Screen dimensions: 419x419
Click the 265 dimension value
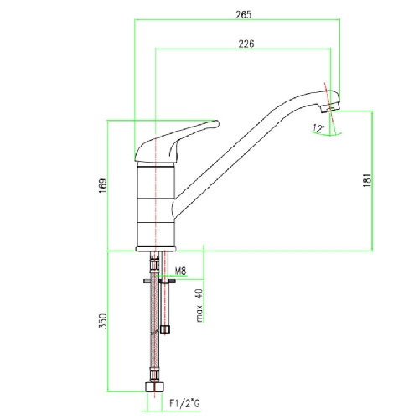click(x=243, y=15)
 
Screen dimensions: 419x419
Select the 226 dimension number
click(x=246, y=44)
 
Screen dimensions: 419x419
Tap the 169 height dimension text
click(x=103, y=186)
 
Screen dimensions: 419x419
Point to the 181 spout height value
click(x=368, y=180)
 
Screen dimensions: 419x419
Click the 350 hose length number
click(x=103, y=321)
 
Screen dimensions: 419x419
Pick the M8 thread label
click(x=181, y=271)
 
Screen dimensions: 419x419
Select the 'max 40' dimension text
click(x=199, y=305)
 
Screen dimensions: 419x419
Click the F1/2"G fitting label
click(x=184, y=403)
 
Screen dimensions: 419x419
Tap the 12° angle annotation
click(x=318, y=128)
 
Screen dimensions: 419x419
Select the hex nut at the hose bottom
click(x=154, y=386)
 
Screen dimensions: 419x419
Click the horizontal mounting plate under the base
click(x=159, y=281)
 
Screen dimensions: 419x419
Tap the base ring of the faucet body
click(x=156, y=249)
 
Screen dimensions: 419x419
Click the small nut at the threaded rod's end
click(x=165, y=329)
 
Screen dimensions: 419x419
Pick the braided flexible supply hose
click(x=154, y=321)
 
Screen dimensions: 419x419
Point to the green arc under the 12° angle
click(x=326, y=134)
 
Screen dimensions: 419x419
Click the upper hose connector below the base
click(x=154, y=262)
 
